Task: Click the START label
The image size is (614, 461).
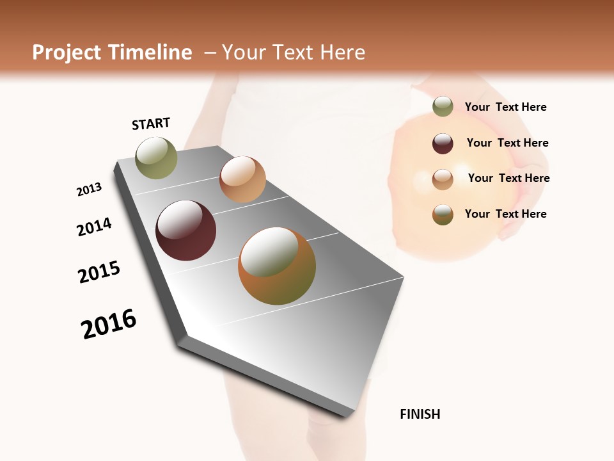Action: coord(151,124)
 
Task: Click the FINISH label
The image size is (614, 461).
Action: coord(420,414)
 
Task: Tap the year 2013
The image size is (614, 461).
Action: coord(89,190)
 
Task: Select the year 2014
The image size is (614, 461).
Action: coord(94,227)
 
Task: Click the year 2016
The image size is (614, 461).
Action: coord(109,324)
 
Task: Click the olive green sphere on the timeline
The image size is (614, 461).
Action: coord(156,158)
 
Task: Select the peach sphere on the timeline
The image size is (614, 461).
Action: coord(242,179)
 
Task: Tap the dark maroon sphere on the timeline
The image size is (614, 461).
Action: coord(185,230)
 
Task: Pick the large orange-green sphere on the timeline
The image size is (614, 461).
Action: coord(277,266)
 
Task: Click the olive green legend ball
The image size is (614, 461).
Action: coord(443,107)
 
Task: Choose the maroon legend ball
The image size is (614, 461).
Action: coord(443,143)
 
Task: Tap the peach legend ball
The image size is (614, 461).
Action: coord(443,179)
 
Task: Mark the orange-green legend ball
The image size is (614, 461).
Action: coord(443,214)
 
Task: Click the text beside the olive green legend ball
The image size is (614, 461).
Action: coord(505,108)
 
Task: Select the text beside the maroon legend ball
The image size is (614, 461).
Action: coord(507,143)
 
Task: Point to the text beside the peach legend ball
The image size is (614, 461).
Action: coord(508,179)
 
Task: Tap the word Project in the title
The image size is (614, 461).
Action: coord(66,53)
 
